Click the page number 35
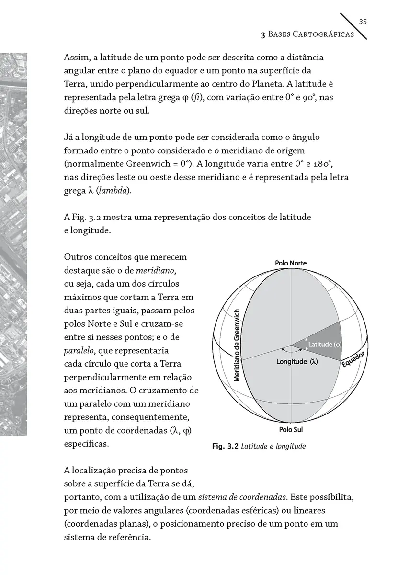point(363,22)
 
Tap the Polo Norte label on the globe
point(291,263)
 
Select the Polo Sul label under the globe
point(291,429)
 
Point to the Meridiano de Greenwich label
point(236,345)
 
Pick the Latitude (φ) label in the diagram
point(324,344)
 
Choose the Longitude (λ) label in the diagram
point(297,361)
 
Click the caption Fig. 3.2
point(225,447)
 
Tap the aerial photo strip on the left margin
point(13,240)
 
